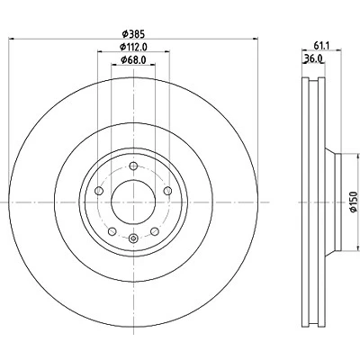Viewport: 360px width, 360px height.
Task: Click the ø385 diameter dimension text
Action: (x=133, y=34)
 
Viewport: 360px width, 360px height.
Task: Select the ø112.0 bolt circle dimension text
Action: (x=133, y=47)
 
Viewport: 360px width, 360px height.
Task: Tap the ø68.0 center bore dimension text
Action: (x=133, y=60)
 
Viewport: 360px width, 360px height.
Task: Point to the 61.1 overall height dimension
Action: (x=322, y=45)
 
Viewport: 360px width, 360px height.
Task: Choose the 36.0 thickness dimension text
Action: (x=313, y=58)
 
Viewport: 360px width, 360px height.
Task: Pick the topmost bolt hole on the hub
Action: (x=133, y=166)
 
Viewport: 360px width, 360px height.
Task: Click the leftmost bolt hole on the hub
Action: (x=99, y=191)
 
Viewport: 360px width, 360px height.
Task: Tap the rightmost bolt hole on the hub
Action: (x=168, y=191)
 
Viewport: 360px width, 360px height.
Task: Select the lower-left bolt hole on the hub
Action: (x=112, y=231)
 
